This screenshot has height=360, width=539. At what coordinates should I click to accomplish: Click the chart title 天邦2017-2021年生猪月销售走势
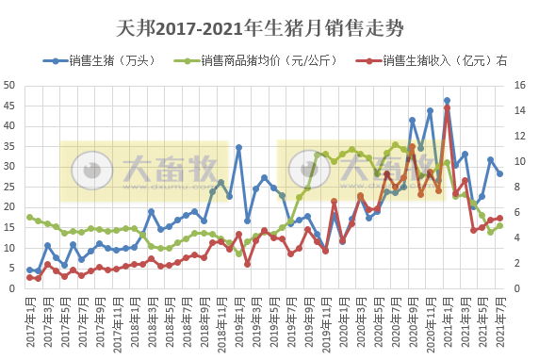[x=269, y=30]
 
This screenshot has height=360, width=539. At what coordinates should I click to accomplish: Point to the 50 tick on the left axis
[x=11, y=85]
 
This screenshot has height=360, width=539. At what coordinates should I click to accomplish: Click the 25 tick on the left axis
[x=11, y=187]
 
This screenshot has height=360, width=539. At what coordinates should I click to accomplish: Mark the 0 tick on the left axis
[x=14, y=288]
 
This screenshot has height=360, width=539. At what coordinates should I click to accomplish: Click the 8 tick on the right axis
[x=523, y=187]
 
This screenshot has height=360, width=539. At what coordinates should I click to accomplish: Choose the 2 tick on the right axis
[x=523, y=263]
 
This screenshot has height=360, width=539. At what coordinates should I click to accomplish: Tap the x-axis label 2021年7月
[x=498, y=320]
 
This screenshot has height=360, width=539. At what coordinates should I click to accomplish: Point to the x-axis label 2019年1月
[x=237, y=320]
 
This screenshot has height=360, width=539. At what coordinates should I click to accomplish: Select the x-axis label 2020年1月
[x=342, y=320]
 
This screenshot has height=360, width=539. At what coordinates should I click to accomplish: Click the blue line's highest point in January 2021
[x=447, y=101]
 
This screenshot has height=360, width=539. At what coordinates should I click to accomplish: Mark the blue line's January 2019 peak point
[x=238, y=147]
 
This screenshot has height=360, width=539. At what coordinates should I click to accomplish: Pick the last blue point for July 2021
[x=499, y=173]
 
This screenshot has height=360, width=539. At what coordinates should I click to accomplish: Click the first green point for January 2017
[x=29, y=218]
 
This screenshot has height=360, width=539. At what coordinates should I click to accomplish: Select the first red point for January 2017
[x=29, y=277]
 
